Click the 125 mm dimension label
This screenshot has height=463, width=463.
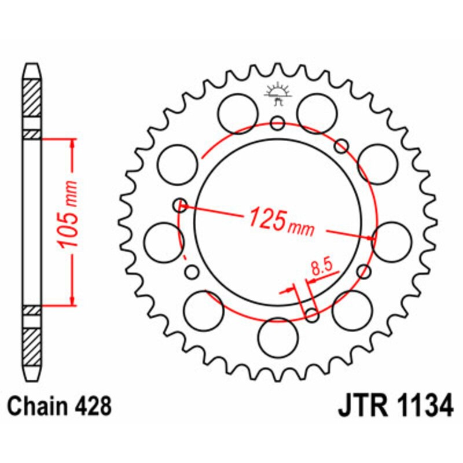point(281,221)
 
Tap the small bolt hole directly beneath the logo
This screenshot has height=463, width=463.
point(278,123)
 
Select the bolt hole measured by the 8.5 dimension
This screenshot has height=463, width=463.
point(311,315)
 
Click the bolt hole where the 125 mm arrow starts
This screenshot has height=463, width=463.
point(181,204)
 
